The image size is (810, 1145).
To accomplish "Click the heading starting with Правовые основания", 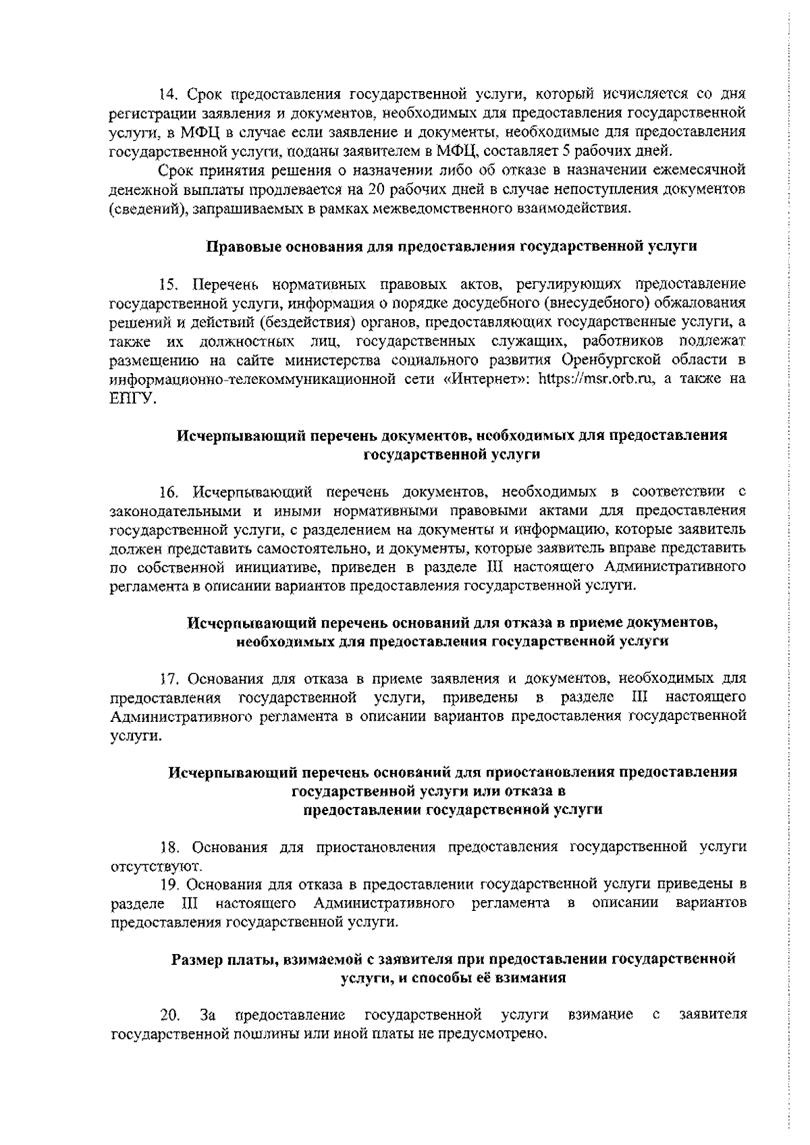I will pos(451,246).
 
